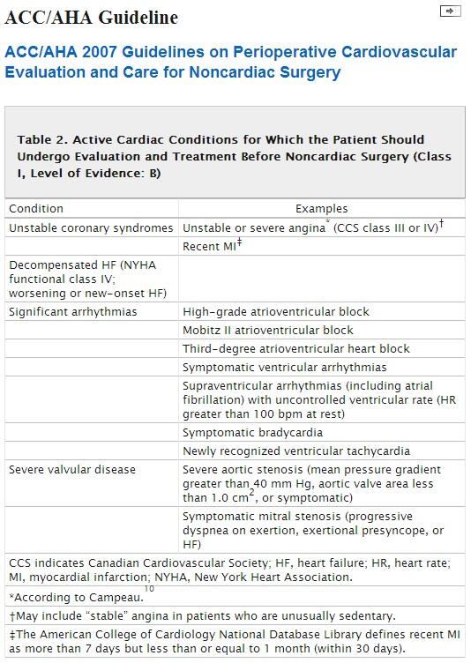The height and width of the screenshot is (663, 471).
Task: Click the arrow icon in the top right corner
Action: (x=449, y=11)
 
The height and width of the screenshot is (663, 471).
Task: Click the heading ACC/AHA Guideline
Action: (x=92, y=17)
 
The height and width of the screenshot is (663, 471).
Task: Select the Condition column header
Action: (x=36, y=209)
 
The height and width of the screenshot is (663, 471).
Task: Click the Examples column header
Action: (x=321, y=209)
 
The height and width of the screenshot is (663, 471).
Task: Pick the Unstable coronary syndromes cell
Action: (x=91, y=227)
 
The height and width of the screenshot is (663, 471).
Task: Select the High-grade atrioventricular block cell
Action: (x=275, y=311)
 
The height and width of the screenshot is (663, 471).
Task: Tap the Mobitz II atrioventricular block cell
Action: (x=267, y=330)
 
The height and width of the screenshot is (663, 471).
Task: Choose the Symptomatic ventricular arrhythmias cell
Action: (x=284, y=367)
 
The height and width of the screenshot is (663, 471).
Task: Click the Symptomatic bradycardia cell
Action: (x=252, y=432)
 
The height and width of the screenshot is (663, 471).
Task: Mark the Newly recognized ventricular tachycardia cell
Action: (x=295, y=451)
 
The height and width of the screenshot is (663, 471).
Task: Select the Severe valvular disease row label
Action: (x=72, y=469)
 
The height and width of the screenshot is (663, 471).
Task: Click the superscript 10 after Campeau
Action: (x=149, y=588)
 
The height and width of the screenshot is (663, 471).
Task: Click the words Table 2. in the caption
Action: (x=41, y=139)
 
